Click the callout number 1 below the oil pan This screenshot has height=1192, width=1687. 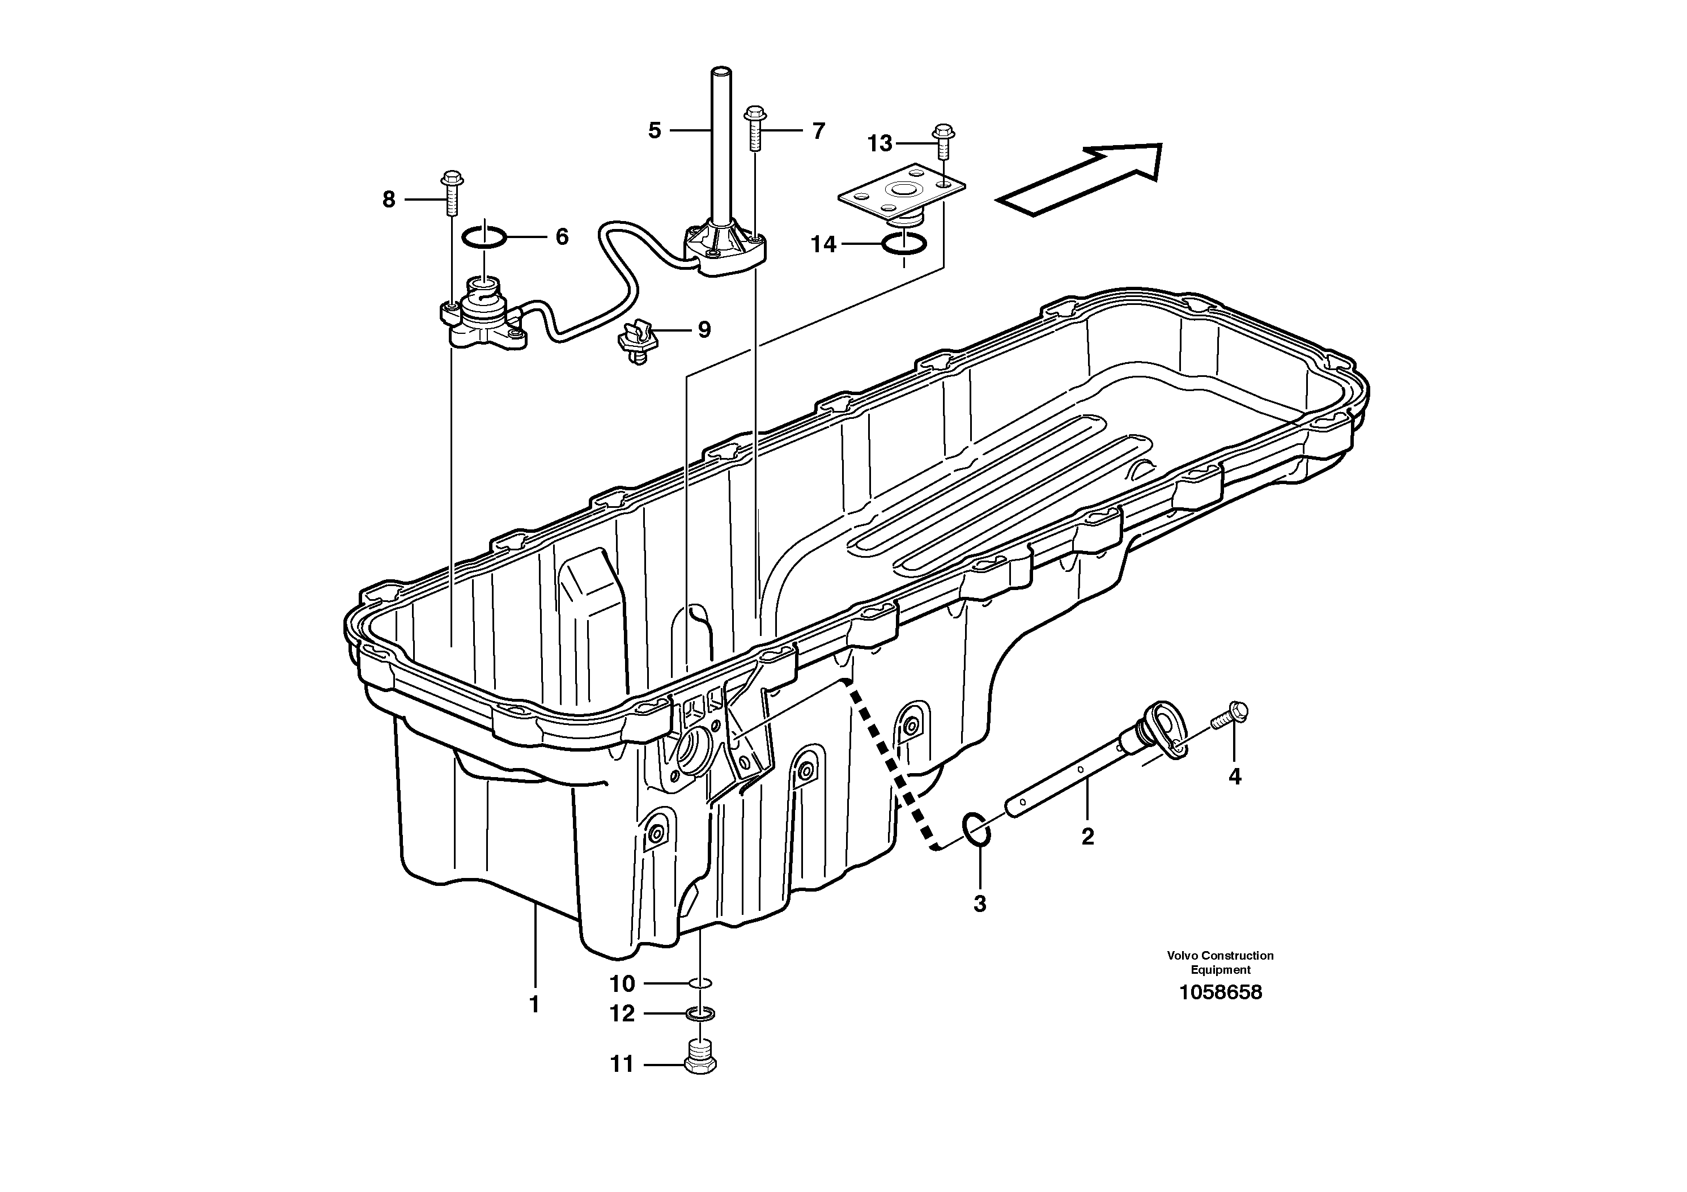535,1004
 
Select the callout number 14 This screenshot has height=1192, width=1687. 823,244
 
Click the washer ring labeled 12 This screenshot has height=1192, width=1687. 700,1015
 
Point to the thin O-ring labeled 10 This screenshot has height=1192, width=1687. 700,983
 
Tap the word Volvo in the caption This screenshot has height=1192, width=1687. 1182,956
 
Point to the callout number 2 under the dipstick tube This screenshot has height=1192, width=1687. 1087,835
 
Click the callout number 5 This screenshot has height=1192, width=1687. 654,131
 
